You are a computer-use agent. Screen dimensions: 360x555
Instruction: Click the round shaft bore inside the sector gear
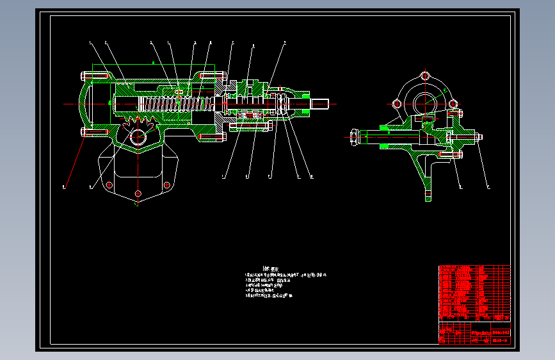click(x=138, y=136)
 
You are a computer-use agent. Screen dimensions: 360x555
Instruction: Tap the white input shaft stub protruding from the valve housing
click(x=319, y=102)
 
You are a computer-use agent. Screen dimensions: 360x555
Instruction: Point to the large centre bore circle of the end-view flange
click(x=424, y=102)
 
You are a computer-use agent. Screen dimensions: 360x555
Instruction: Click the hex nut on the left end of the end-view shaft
click(x=353, y=135)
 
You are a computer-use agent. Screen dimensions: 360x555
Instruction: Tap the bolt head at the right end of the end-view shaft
click(x=478, y=136)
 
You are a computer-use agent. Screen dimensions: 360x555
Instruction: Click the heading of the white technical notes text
click(x=271, y=269)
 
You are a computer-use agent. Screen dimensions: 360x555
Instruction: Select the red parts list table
click(x=474, y=292)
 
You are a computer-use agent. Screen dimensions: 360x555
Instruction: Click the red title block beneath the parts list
click(x=474, y=332)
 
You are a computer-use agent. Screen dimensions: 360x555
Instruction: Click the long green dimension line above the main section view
click(x=154, y=63)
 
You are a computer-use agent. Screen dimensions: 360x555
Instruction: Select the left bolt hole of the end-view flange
click(x=397, y=103)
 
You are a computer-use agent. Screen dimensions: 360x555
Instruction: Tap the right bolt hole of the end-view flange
click(x=453, y=103)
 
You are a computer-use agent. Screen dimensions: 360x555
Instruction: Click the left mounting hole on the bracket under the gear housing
click(x=109, y=185)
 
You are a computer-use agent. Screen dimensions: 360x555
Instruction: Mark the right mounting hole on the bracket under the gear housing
click(x=167, y=185)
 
